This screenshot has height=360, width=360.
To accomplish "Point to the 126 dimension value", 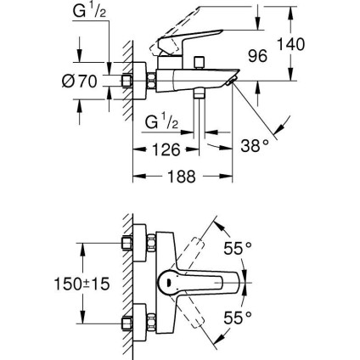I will pyautogui.click(x=166, y=151).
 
